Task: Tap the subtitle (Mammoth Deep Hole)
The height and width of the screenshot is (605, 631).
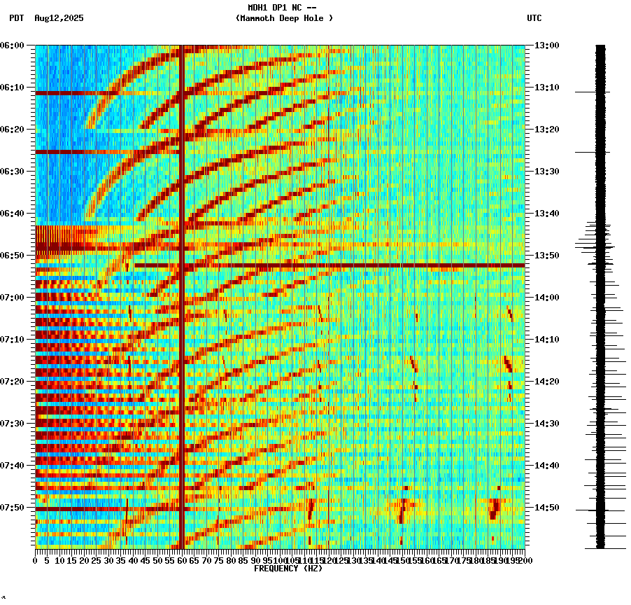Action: tap(284, 18)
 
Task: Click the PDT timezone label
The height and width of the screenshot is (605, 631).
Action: tap(16, 18)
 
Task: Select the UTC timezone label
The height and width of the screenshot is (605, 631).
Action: tap(534, 18)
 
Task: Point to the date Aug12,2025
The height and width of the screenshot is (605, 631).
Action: tap(59, 18)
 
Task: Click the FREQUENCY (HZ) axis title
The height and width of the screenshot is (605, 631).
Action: tap(288, 569)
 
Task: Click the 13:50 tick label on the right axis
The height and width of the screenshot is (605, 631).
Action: tap(547, 256)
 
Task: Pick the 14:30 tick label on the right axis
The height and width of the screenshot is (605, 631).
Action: tap(547, 424)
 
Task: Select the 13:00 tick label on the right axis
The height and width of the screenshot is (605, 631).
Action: tap(547, 46)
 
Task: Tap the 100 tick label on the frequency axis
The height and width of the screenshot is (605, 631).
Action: tap(280, 561)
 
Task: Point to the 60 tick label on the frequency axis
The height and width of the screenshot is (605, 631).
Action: tap(182, 561)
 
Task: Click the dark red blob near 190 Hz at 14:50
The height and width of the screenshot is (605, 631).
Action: tap(495, 508)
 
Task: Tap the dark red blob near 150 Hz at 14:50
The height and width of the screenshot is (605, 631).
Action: tap(402, 509)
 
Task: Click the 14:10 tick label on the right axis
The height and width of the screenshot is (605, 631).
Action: tap(547, 340)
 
